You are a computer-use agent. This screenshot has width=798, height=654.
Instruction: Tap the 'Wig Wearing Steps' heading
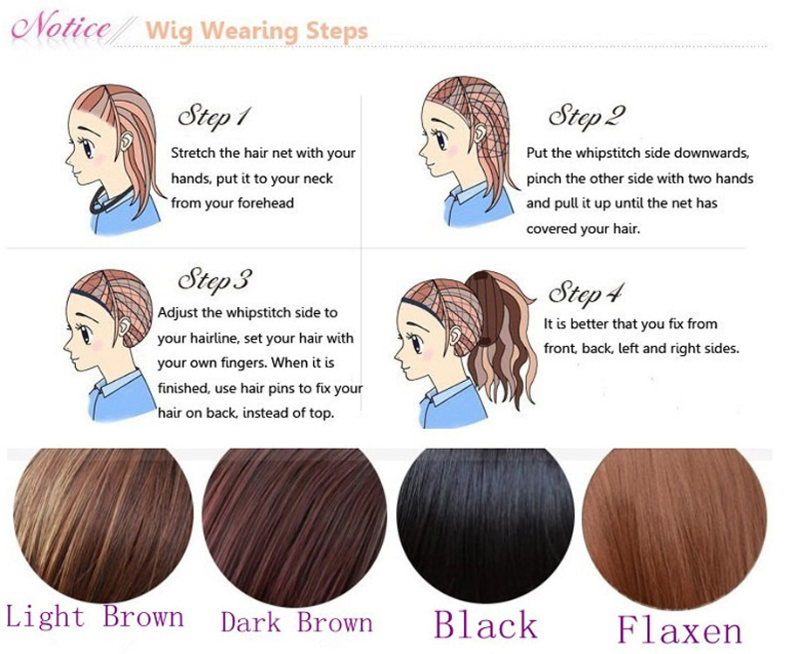pyautogui.click(x=256, y=31)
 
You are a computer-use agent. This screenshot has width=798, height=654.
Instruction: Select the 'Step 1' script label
pyautogui.click(x=214, y=117)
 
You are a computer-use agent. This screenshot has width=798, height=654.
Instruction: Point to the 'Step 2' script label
pyautogui.click(x=586, y=117)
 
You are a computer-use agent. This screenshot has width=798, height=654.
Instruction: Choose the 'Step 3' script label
pyautogui.click(x=215, y=281)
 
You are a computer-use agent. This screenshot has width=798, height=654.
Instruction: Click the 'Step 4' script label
pyautogui.click(x=585, y=293)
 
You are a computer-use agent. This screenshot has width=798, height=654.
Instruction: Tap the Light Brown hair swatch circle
pyautogui.click(x=103, y=525)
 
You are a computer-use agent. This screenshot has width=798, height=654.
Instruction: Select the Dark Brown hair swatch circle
pyautogui.click(x=294, y=525)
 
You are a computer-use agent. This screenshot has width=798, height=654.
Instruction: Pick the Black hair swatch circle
pyautogui.click(x=486, y=525)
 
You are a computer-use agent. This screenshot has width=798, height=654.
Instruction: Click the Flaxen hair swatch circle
pyautogui.click(x=674, y=528)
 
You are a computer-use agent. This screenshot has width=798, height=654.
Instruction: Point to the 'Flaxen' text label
pyautogui.click(x=680, y=630)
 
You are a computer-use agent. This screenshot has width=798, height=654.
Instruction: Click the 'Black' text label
pyautogui.click(x=486, y=624)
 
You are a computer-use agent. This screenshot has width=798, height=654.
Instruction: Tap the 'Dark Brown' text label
pyautogui.click(x=297, y=622)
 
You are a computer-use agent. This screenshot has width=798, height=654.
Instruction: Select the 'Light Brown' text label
pyautogui.click(x=95, y=617)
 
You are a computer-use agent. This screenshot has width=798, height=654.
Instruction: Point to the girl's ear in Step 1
pyautogui.click(x=126, y=140)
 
